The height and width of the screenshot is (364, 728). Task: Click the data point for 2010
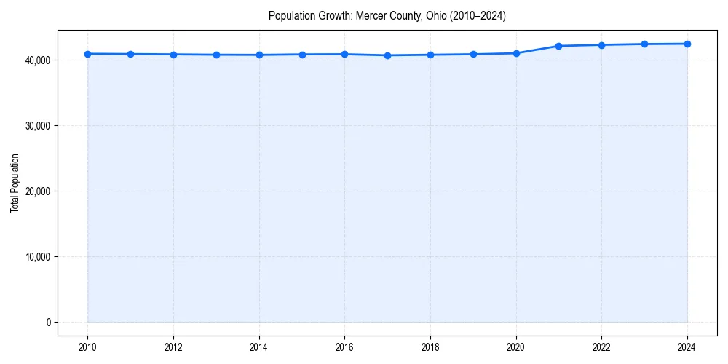(x=87, y=54)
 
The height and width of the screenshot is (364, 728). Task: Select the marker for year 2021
(x=558, y=46)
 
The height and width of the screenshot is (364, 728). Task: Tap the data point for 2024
(x=687, y=44)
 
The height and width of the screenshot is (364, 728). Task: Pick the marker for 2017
(x=387, y=55)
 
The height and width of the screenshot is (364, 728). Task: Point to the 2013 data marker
(x=216, y=55)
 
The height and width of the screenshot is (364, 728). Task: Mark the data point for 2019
(x=473, y=54)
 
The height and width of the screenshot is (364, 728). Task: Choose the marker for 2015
(x=302, y=55)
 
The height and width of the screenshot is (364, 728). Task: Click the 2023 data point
(x=644, y=44)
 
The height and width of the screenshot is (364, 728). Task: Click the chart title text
(x=387, y=15)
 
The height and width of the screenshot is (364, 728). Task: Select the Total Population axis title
(x=15, y=183)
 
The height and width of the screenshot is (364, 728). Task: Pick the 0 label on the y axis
(x=48, y=322)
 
